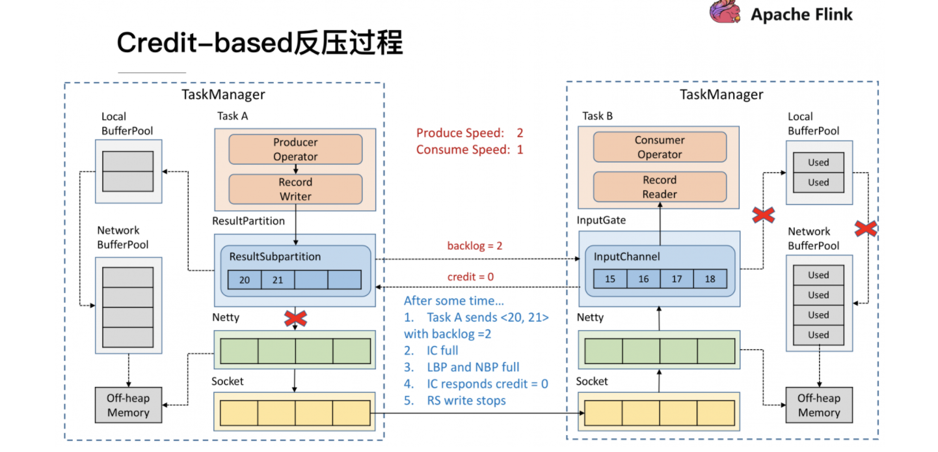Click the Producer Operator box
pos(295,149)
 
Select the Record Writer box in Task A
pos(295,189)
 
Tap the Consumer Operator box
pos(660,147)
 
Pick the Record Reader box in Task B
pos(660,187)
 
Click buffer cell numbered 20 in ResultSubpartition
pos(244,279)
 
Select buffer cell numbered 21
pos(278,279)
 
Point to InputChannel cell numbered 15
pos(610,278)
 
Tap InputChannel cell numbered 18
pos(710,278)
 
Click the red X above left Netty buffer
pos(296,318)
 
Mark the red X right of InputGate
pos(763,214)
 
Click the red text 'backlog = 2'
pos(474,246)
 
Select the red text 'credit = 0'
pos(470,277)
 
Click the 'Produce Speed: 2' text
pos(470,133)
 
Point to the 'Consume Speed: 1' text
pos(470,149)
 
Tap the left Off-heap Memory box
pos(128,405)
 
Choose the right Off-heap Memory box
pos(819,405)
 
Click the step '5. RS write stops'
pos(455,401)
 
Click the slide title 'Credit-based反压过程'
pos(260,44)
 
